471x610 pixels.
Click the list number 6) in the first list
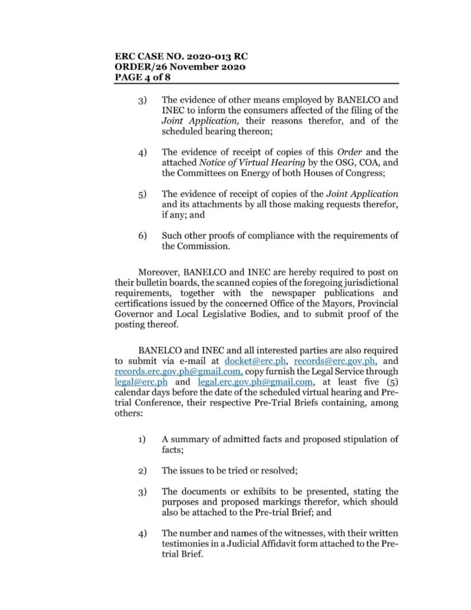coord(143,236)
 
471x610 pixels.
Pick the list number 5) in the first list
coord(143,194)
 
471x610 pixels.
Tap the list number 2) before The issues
coord(143,471)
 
